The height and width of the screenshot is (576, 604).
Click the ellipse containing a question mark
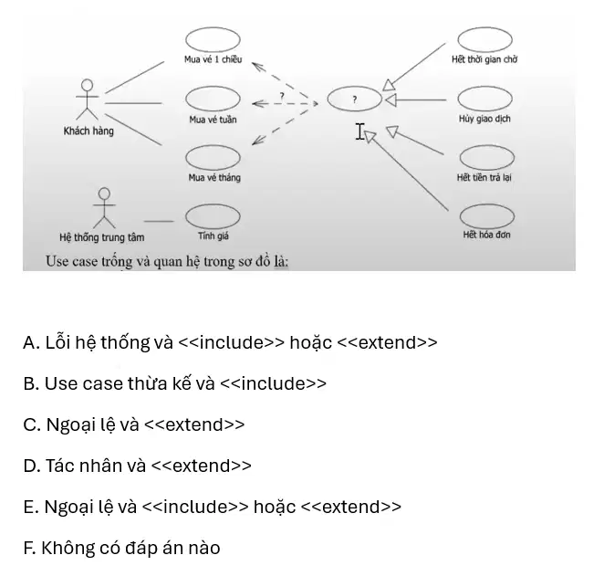pos(328,99)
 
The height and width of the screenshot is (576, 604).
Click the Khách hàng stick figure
pos(88,99)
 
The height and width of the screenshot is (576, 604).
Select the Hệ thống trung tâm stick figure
pos(104,208)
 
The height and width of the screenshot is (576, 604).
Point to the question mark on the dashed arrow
pos(282,96)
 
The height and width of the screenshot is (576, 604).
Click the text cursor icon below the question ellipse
pos(359,131)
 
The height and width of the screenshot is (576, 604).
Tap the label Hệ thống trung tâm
pos(102,237)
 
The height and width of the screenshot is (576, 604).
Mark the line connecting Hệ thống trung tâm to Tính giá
pos(159,221)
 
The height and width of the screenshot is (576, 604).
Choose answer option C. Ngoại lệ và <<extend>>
pos(134,424)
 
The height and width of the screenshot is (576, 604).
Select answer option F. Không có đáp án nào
pos(121,548)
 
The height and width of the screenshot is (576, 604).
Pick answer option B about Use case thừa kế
pos(174,383)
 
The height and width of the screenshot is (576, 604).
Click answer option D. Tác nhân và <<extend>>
pos(137,466)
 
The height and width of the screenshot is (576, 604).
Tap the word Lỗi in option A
pos(57,341)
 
